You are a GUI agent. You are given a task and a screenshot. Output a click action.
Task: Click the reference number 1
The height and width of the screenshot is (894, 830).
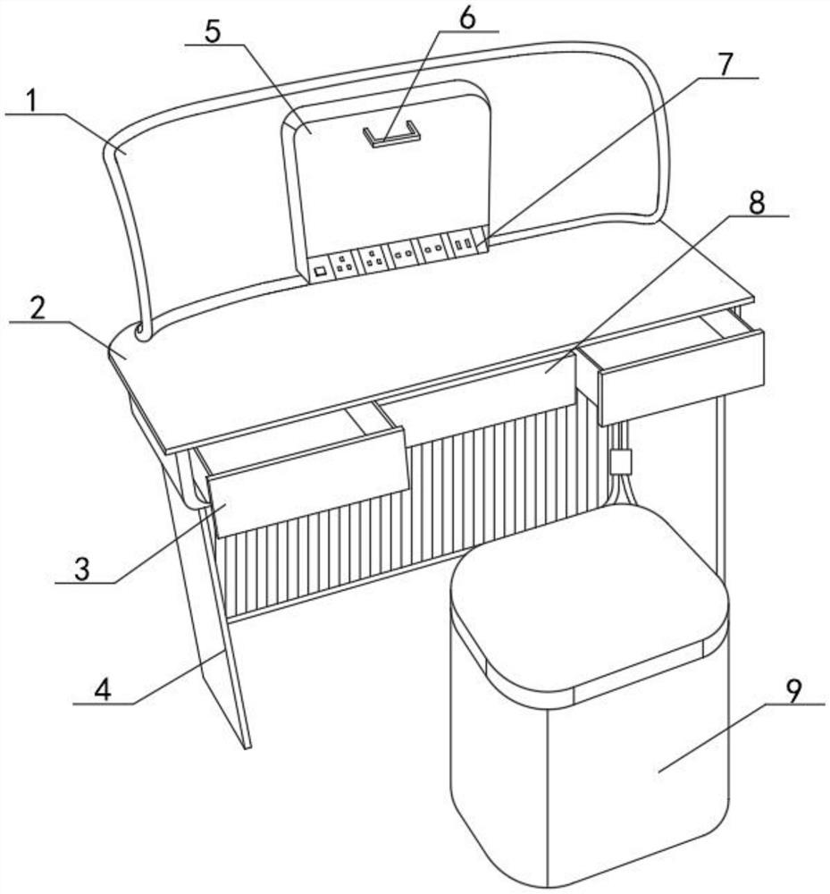coord(32,102)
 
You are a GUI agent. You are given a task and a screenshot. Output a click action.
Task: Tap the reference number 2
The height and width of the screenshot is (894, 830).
coord(38,308)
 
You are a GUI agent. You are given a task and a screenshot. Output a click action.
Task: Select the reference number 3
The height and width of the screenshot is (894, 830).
coord(82,569)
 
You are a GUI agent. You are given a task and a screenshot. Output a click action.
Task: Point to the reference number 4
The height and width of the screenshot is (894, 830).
coord(102,690)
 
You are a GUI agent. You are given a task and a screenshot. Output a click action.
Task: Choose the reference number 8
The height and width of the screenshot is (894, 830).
coord(757,202)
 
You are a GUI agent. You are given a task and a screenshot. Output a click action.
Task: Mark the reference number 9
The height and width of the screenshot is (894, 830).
coord(793,690)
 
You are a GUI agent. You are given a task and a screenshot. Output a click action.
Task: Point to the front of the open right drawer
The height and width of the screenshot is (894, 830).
coord(682,377)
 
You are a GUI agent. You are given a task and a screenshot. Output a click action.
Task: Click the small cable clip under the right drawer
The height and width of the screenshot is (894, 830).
coord(621,461)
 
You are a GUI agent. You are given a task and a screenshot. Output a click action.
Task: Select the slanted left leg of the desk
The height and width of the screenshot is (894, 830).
coord(206,599)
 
